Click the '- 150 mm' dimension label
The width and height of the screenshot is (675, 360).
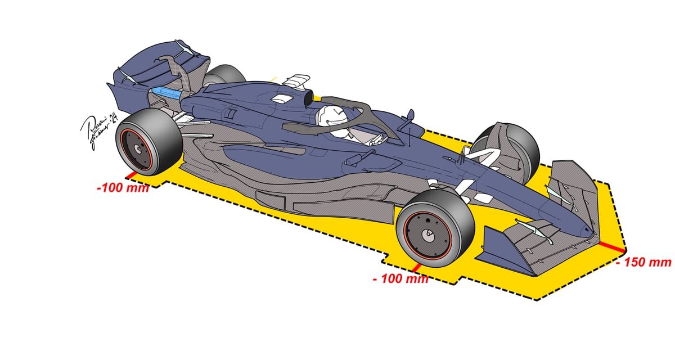pyautogui.click(x=643, y=262)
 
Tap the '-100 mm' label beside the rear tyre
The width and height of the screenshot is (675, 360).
pyautogui.click(x=123, y=187)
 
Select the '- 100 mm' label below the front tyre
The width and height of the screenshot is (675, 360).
pyautogui.click(x=400, y=278)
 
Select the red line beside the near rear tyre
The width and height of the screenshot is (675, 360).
pyautogui.click(x=130, y=176)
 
